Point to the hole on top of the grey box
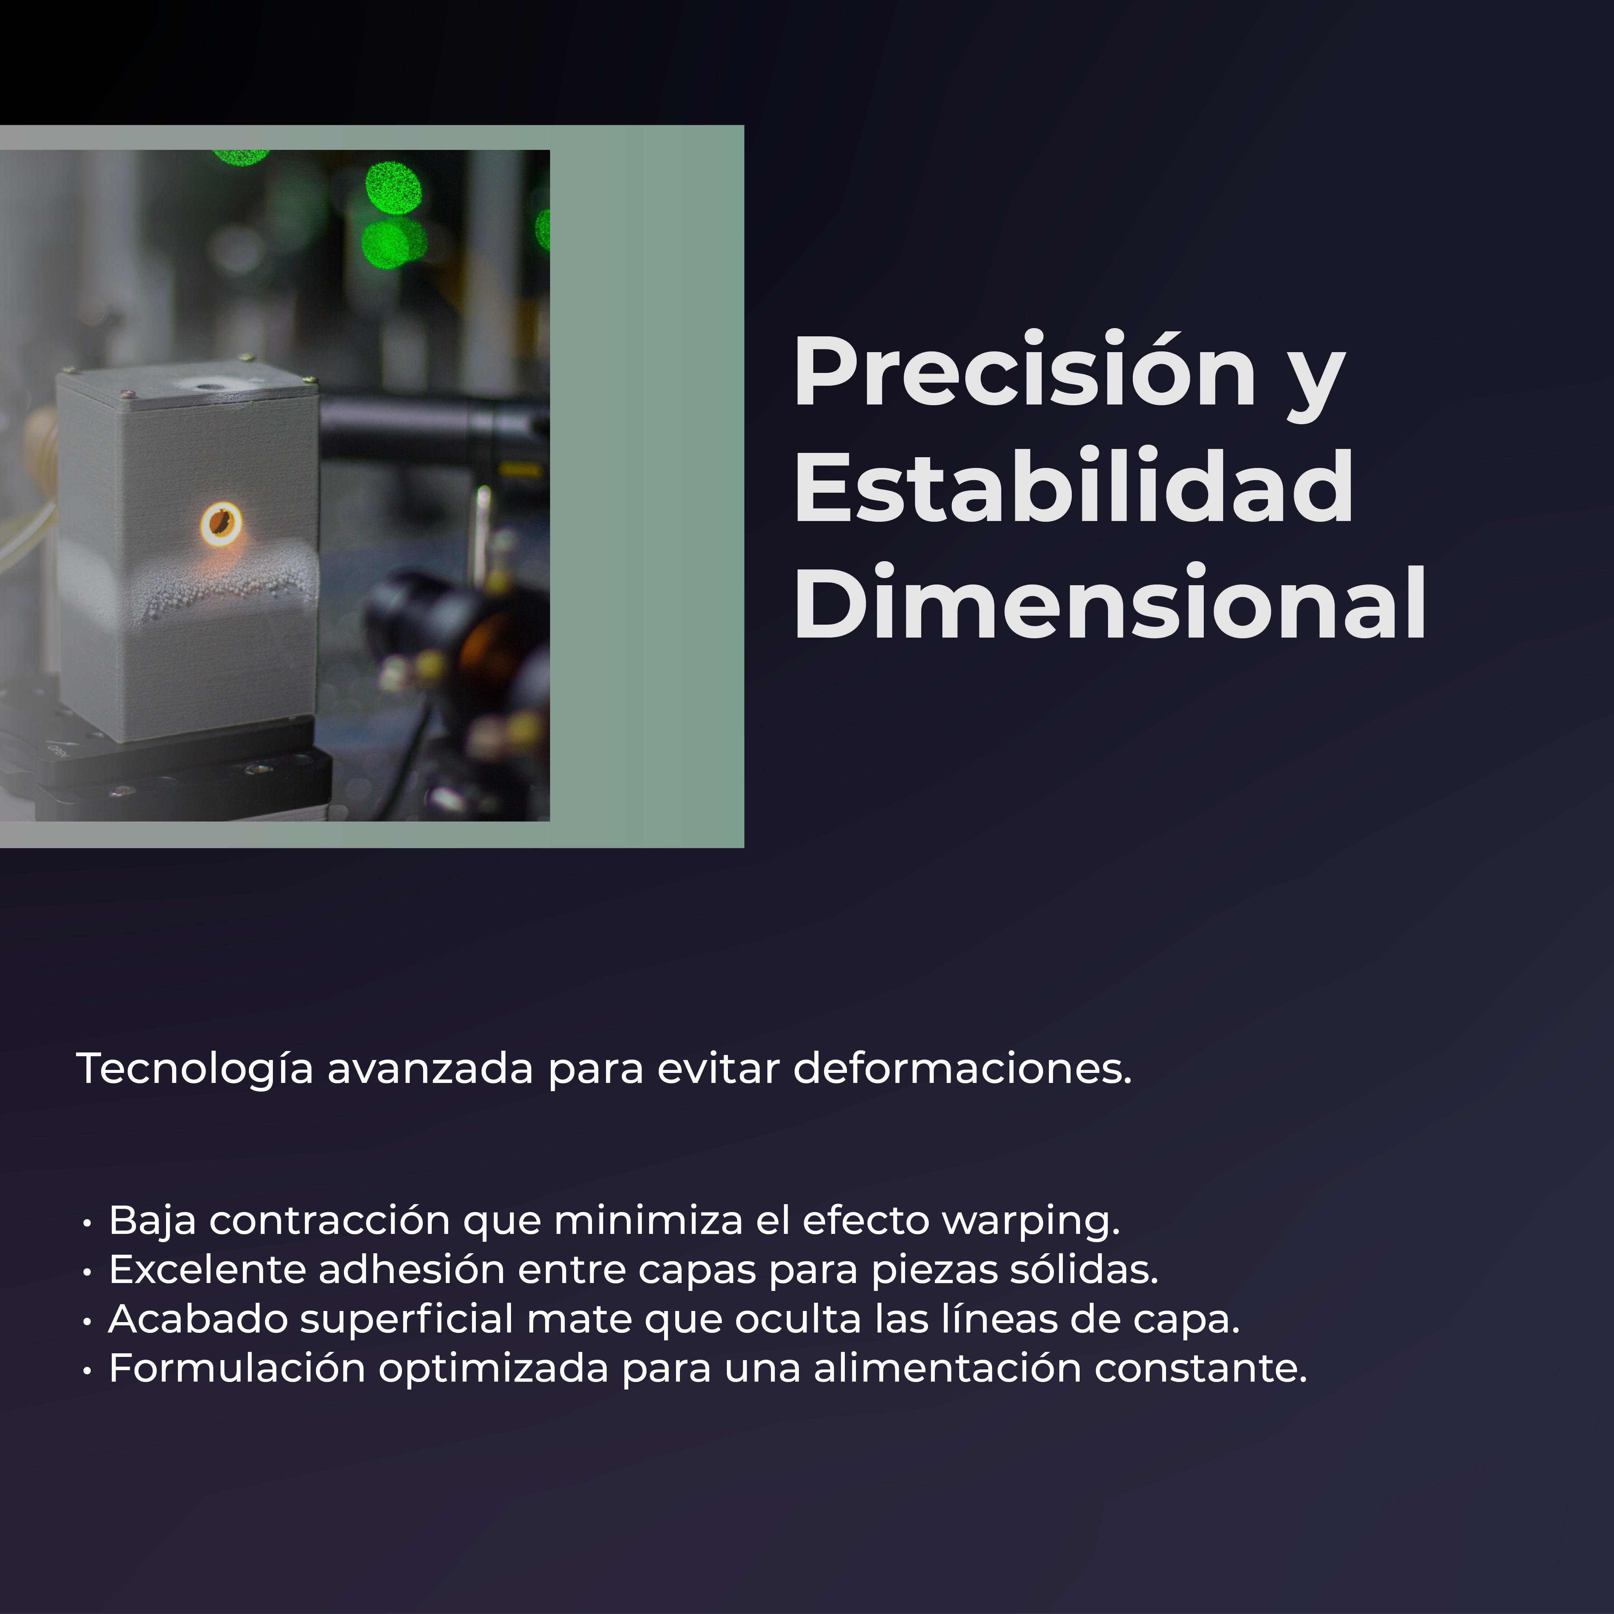coord(205,386)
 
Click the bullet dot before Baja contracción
coord(87,1224)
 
